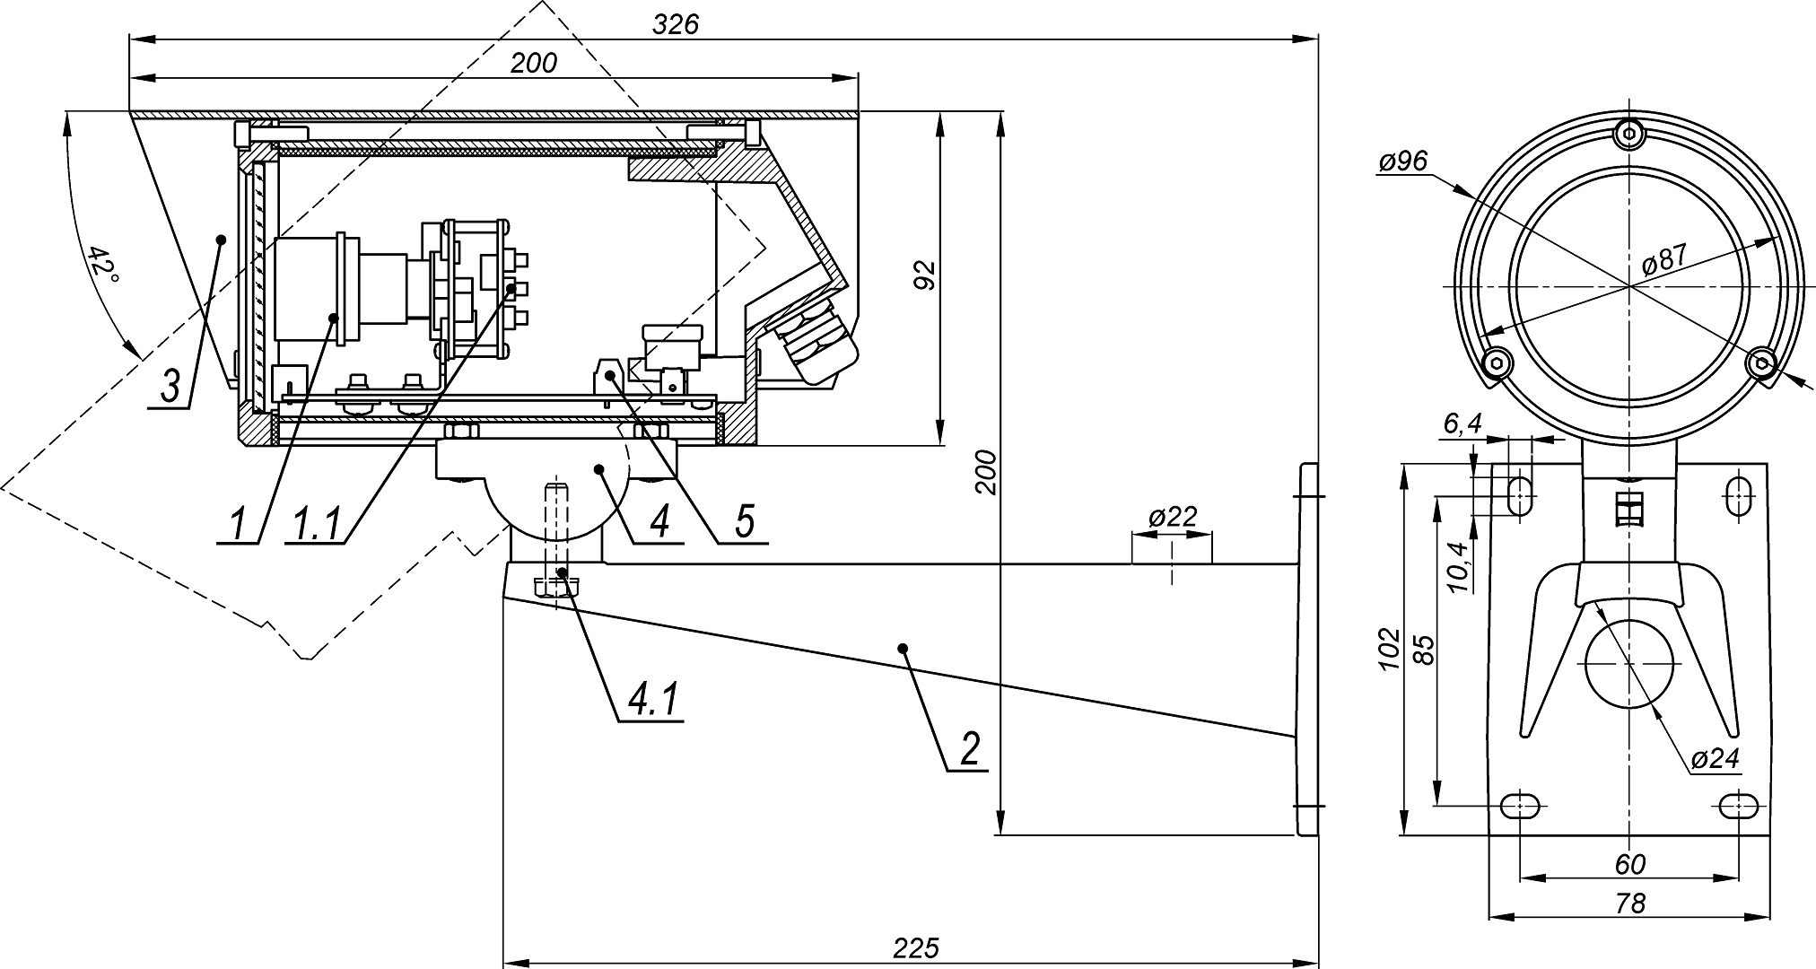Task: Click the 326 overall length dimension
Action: [675, 24]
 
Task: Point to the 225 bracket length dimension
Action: [915, 948]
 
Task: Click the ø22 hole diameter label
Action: [1172, 517]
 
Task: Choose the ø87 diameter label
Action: [1663, 261]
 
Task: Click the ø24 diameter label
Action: [1715, 759]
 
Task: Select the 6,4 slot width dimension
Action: [1462, 424]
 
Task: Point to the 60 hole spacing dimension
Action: [1629, 864]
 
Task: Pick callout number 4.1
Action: [653, 701]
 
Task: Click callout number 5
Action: [745, 522]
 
